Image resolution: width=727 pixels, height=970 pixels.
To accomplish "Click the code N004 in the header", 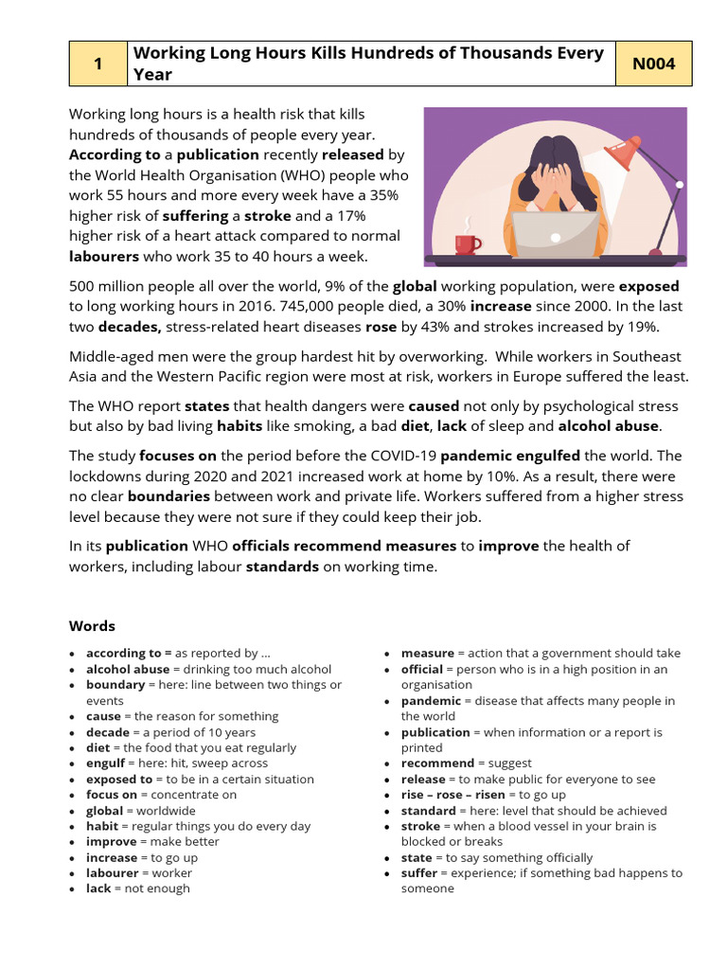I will [x=652, y=64].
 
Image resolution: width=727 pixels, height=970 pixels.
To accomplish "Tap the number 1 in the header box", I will [x=98, y=64].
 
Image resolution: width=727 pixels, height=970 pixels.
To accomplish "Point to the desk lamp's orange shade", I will [x=625, y=153].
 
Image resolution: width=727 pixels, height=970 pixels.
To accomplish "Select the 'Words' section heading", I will [x=92, y=626].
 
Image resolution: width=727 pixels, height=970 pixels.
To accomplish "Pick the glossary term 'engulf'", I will [x=105, y=763].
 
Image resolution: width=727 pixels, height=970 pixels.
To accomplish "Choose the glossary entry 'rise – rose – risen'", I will [x=452, y=795].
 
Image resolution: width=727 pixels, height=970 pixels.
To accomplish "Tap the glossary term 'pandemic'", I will [x=431, y=701].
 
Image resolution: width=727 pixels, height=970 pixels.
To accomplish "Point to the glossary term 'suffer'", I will [x=418, y=873].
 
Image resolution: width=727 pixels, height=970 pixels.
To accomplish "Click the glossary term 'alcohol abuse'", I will [x=128, y=669].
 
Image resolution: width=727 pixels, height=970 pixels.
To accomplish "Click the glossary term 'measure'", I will [x=427, y=654].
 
